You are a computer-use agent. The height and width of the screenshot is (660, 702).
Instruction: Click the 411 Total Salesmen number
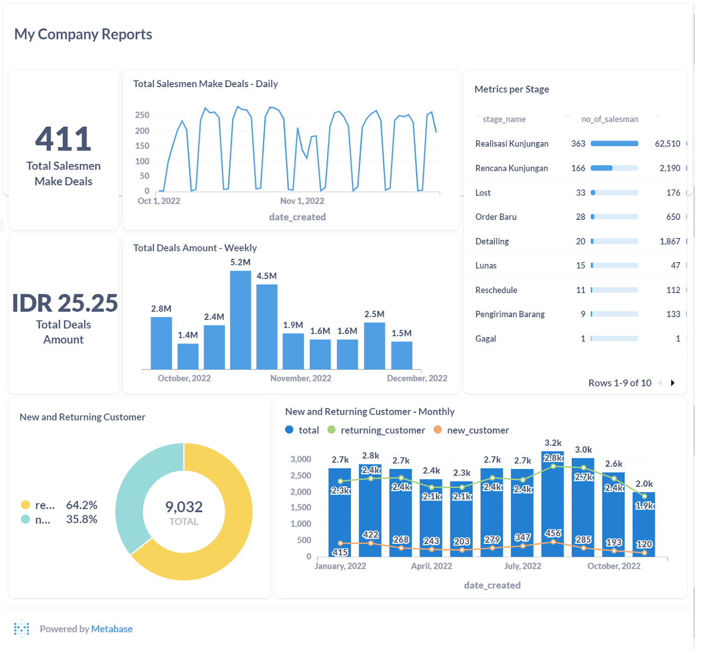[x=63, y=139]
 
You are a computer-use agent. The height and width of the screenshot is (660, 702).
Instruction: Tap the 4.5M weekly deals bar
[x=267, y=326]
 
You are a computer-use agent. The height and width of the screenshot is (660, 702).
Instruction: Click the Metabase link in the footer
[x=112, y=629]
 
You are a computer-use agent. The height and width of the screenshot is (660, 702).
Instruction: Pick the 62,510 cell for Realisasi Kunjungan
[x=667, y=143]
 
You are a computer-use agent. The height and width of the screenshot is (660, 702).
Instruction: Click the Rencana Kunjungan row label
[x=511, y=168]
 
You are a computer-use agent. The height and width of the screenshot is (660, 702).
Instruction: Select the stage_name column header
[x=504, y=119]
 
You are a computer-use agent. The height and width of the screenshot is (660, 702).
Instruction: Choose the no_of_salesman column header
[x=609, y=119]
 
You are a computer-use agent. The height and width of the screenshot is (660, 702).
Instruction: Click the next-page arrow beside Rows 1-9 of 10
[x=673, y=383]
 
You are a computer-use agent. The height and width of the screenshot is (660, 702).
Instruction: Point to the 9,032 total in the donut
[x=184, y=507]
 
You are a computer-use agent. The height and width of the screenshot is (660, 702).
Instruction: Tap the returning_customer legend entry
[x=382, y=430]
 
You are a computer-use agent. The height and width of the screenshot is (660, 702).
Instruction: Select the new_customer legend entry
[x=477, y=430]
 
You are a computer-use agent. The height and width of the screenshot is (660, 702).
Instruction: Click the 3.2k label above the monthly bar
[x=553, y=443]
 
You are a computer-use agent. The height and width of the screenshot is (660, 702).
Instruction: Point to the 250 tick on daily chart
[x=142, y=115]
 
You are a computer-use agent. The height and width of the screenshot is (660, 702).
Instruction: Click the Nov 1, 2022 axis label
[x=302, y=201]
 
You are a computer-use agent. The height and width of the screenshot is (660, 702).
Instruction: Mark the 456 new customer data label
[x=553, y=533]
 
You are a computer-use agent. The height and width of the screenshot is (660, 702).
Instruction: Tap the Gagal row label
[x=485, y=339]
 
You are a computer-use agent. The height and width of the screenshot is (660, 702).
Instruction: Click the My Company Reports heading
[x=83, y=34]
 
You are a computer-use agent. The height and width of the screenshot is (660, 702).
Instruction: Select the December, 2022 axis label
[x=417, y=378]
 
